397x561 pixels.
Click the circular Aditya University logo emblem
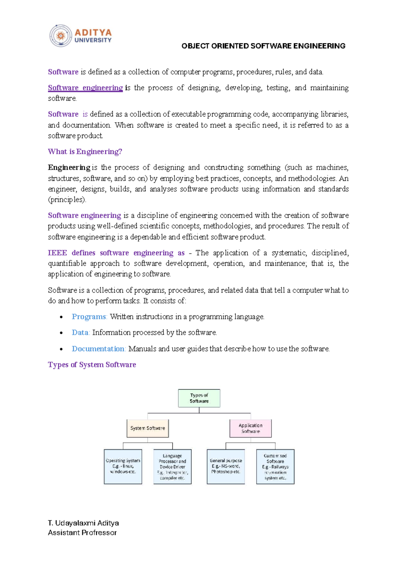click(x=61, y=36)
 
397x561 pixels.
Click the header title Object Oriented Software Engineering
click(x=263, y=46)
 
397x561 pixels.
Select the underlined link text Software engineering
click(x=85, y=88)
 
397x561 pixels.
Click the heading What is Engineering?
click(x=85, y=151)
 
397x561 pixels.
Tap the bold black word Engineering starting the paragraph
click(x=69, y=167)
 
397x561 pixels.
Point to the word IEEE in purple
click(x=57, y=253)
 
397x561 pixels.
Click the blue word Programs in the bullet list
click(x=89, y=317)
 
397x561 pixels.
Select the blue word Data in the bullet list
click(x=80, y=332)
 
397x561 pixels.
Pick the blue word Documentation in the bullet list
click(x=98, y=349)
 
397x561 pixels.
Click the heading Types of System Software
click(x=92, y=365)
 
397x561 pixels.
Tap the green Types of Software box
click(x=199, y=398)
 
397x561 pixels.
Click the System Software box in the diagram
click(x=148, y=428)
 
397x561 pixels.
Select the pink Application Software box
click(x=250, y=428)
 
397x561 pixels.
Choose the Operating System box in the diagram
click(x=123, y=466)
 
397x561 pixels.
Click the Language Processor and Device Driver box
click(x=172, y=466)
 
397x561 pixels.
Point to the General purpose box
click(x=226, y=466)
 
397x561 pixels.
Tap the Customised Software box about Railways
click(x=275, y=466)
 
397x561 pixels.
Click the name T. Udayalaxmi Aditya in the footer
click(x=83, y=523)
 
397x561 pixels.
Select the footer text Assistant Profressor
click(x=82, y=533)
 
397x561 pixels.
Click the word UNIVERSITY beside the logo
click(x=93, y=40)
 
